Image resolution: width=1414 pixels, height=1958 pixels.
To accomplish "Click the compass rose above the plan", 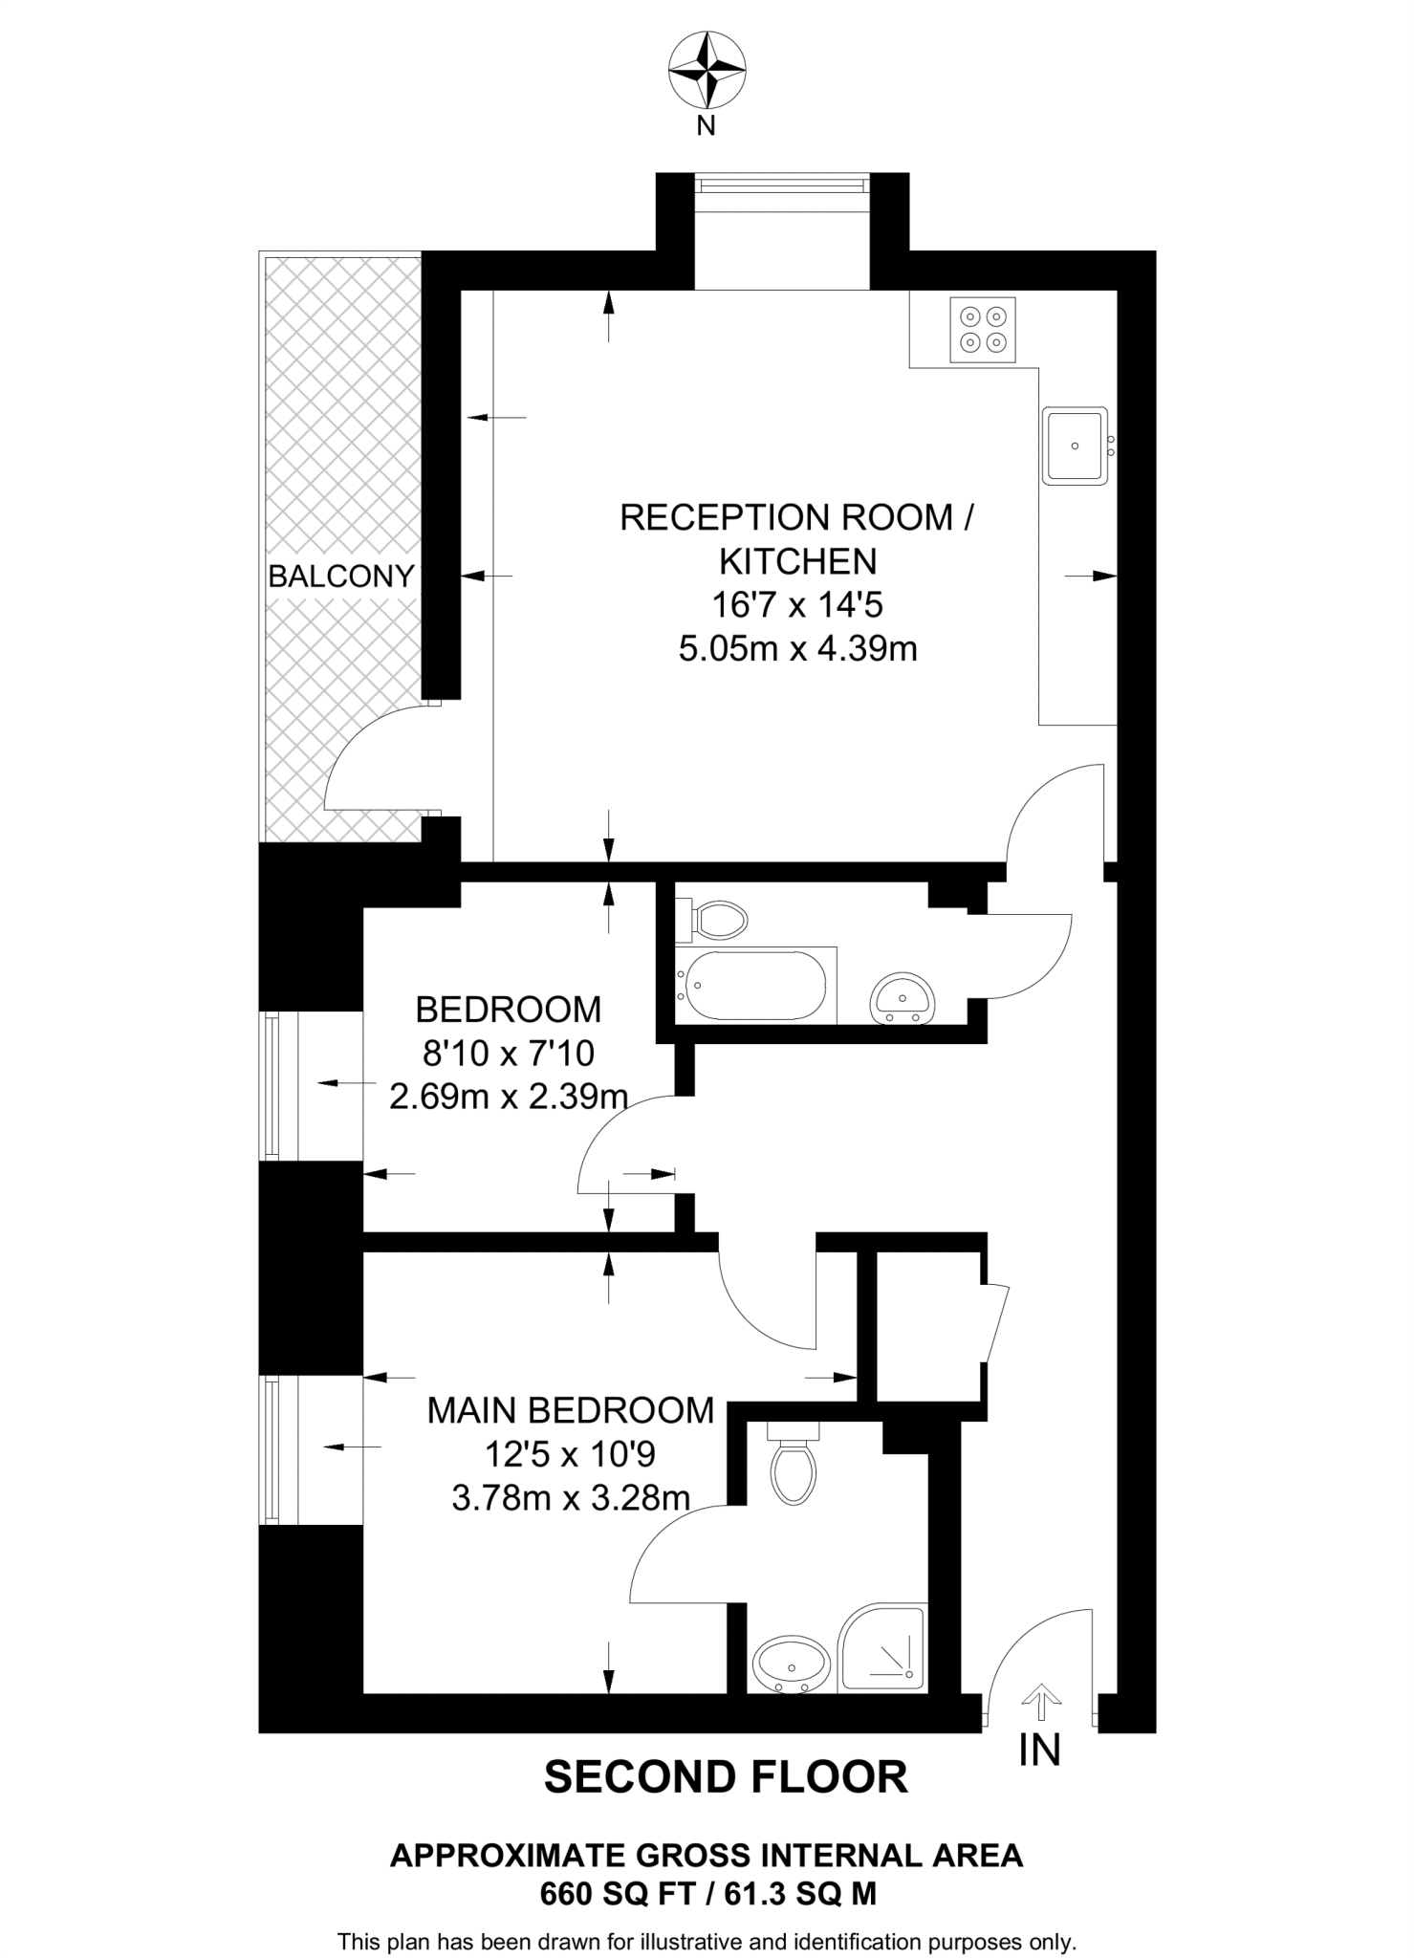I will click(706, 70).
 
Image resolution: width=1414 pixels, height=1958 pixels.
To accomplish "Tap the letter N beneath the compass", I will click(706, 125).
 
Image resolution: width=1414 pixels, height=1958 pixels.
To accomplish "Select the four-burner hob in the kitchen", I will click(983, 329).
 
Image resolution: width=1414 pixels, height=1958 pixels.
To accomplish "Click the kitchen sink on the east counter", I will click(1076, 446).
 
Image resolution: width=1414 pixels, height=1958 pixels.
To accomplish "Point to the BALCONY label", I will click(340, 577).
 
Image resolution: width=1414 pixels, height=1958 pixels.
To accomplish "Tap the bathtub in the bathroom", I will click(751, 986).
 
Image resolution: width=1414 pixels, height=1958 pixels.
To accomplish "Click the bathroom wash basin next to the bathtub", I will click(902, 998).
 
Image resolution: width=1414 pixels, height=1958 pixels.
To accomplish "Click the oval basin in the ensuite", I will click(792, 1664).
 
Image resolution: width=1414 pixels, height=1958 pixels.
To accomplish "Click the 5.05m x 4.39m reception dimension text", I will click(797, 649).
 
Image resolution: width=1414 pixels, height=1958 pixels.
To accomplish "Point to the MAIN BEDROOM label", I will click(570, 1410).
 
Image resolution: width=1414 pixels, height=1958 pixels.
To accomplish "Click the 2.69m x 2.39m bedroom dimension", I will click(508, 1097).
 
